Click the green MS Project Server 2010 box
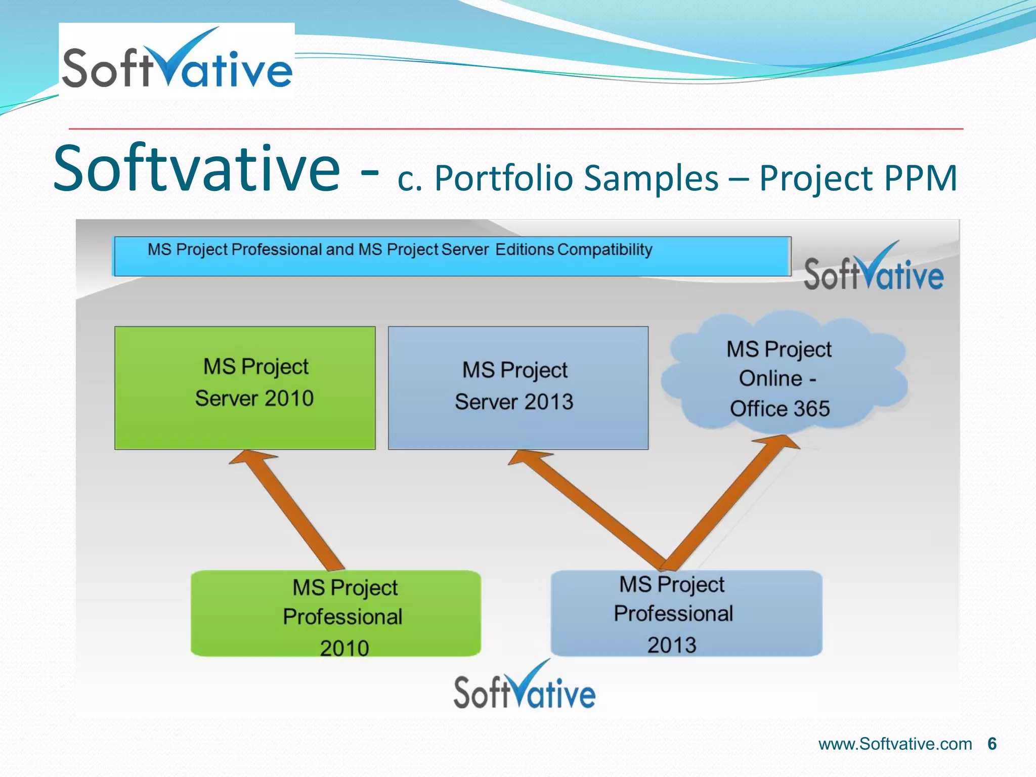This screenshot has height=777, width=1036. pyautogui.click(x=245, y=387)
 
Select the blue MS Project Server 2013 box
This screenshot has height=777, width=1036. pyautogui.click(x=518, y=387)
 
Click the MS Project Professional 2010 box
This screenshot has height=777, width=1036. pyautogui.click(x=335, y=614)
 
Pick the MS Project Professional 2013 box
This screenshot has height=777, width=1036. pyautogui.click(x=686, y=614)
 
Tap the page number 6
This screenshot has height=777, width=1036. pyautogui.click(x=991, y=744)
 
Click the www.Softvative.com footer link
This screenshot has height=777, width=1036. pyautogui.click(x=895, y=744)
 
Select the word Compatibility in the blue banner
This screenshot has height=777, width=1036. pyautogui.click(x=605, y=249)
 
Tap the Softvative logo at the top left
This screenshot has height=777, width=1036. pyautogui.click(x=177, y=61)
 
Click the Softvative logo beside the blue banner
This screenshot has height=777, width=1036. pyautogui.click(x=874, y=268)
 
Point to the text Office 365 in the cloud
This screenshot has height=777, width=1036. pyautogui.click(x=780, y=408)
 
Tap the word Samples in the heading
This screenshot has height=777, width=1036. pyautogui.click(x=651, y=178)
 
